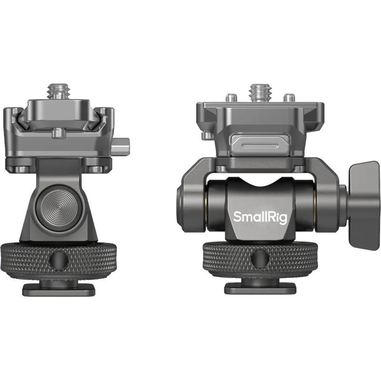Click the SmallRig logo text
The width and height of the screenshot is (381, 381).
tap(260, 217)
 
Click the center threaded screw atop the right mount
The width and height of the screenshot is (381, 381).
tap(260, 93)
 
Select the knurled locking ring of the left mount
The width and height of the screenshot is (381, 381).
tap(59, 260)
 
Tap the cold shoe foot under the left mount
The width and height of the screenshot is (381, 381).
tap(59, 289)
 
